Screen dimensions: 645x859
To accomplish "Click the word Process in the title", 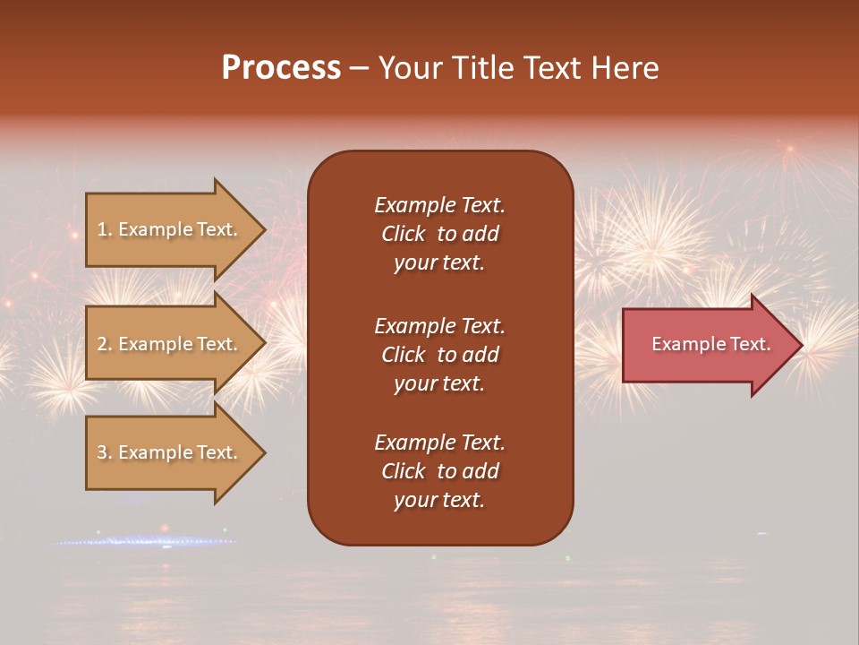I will point(281,67).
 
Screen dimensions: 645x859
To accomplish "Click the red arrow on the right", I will point(707,345).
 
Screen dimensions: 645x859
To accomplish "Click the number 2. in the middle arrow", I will point(104,344).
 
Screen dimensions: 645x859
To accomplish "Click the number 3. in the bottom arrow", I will point(104,452).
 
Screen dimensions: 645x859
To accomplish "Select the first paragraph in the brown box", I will point(439,234).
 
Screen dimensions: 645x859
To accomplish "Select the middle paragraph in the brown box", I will point(439,355).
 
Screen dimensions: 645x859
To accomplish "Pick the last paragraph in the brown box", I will point(439,471).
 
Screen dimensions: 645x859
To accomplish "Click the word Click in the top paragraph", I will point(403,234).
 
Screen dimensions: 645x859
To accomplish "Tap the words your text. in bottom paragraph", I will point(439,501).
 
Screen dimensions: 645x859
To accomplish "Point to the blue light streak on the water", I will point(143,541).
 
